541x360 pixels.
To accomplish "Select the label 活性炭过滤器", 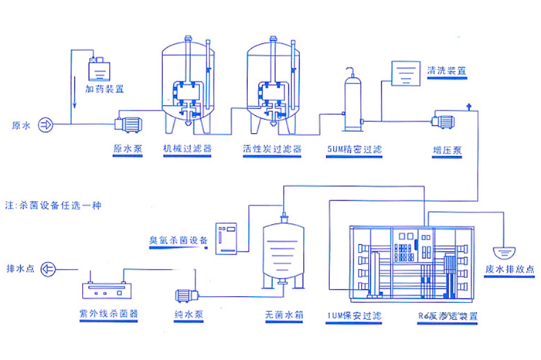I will click(271, 149).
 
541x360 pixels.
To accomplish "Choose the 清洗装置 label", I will click(447, 70).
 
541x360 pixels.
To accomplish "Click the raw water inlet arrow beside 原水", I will click(45, 124).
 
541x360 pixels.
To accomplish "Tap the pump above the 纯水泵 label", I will click(187, 294).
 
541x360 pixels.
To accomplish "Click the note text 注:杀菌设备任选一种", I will click(53, 205).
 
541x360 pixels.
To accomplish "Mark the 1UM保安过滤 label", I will click(354, 317).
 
